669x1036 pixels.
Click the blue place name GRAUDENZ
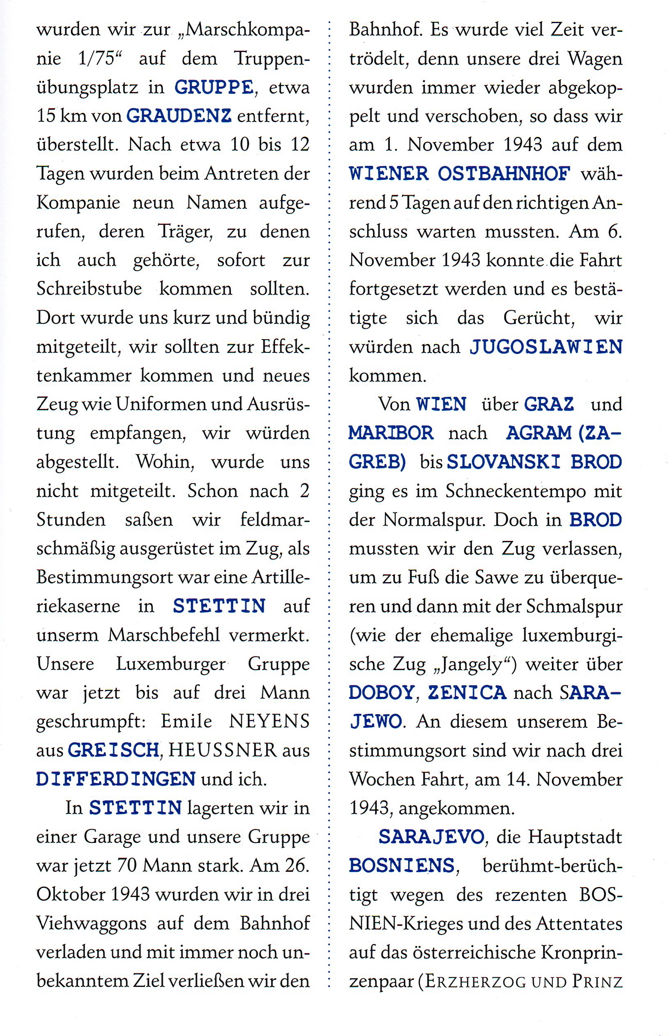[x=178, y=116]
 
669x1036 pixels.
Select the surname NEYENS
[x=269, y=721]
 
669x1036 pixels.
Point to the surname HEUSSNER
[x=223, y=750]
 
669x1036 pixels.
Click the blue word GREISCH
[x=114, y=750]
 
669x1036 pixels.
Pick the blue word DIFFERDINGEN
[x=115, y=779]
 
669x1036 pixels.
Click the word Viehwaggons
[x=91, y=923]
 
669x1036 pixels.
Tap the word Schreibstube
[x=89, y=289]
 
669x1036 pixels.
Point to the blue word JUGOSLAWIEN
[x=546, y=347]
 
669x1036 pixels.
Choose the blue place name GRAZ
[x=549, y=404]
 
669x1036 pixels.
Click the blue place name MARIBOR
[x=391, y=433]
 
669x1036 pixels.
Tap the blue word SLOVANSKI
[x=503, y=462]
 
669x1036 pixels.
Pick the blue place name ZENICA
[x=467, y=693]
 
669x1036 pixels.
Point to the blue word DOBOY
[x=381, y=693]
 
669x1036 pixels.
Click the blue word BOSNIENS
[x=401, y=866]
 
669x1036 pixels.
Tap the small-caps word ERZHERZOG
[x=475, y=981]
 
